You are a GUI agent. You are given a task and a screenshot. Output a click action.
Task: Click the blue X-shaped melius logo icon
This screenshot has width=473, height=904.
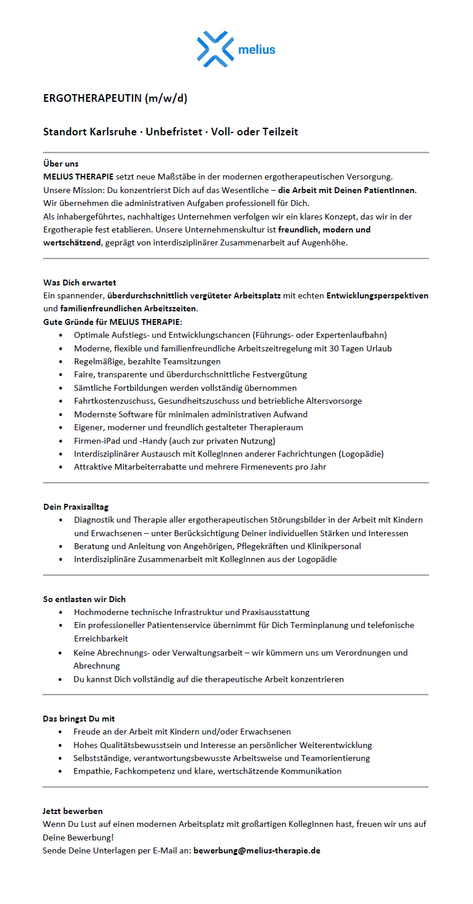click(214, 49)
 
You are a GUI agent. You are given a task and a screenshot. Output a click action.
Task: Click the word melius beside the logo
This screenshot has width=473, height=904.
click(256, 50)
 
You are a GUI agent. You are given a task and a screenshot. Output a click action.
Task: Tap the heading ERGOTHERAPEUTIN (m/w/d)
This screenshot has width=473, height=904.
click(115, 98)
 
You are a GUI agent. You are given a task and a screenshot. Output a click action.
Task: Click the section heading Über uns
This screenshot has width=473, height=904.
click(61, 164)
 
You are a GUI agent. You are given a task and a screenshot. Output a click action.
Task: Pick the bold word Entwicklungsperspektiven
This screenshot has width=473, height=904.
click(377, 295)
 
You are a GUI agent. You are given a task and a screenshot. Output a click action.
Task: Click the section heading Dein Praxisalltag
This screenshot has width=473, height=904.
click(75, 506)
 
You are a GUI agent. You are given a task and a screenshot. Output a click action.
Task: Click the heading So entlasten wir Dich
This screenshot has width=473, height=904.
click(84, 599)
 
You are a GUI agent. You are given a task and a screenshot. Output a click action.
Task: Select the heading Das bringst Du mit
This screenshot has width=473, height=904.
click(78, 719)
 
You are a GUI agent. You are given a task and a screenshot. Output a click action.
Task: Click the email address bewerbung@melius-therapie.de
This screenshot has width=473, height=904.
click(257, 850)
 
